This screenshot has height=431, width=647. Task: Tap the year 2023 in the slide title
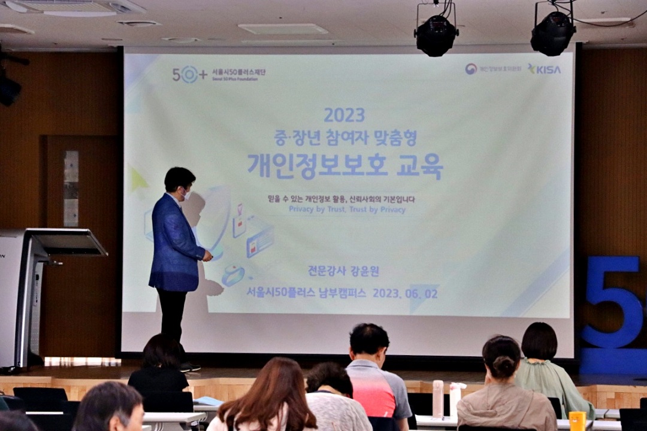(x=344, y=115)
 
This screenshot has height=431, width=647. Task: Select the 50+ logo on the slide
(x=189, y=74)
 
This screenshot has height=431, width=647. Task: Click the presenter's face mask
(x=186, y=194)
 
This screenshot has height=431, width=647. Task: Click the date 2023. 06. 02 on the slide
(x=405, y=293)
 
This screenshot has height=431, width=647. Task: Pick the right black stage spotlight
(x=552, y=33)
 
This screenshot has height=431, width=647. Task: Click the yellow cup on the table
(x=577, y=421)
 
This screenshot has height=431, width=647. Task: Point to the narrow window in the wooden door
(x=71, y=189)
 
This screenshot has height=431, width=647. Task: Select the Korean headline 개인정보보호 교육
(x=345, y=166)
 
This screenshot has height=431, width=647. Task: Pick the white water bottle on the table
(x=438, y=399)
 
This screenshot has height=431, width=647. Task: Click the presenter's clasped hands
(x=207, y=256)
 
